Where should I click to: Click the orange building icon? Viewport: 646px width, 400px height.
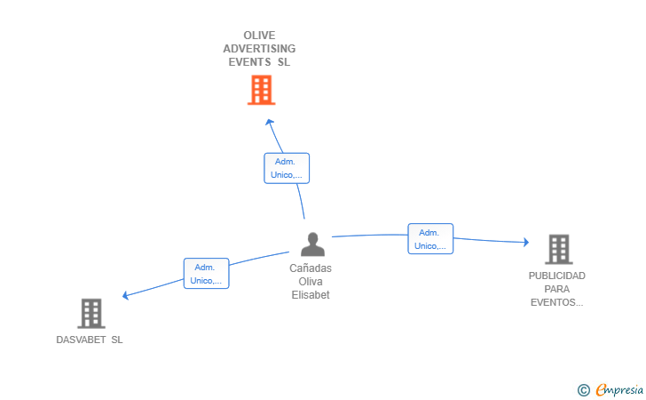click(x=261, y=90)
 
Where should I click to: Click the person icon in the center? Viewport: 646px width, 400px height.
click(x=312, y=244)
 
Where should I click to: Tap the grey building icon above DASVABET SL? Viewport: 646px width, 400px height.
click(x=91, y=313)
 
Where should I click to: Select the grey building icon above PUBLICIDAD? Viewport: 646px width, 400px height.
click(x=558, y=250)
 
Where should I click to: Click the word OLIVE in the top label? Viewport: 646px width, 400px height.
click(x=259, y=36)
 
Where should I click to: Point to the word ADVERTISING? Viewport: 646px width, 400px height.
click(x=259, y=49)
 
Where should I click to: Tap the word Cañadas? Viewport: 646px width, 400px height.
click(x=311, y=268)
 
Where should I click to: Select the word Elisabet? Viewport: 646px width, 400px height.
click(x=311, y=296)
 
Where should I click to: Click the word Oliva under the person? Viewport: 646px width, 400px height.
click(x=311, y=282)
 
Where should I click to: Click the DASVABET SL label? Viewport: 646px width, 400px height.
click(x=90, y=340)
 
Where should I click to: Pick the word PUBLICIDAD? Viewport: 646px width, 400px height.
click(x=557, y=276)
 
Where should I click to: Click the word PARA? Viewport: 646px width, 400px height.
click(x=557, y=289)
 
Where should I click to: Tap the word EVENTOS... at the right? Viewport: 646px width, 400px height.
click(x=557, y=302)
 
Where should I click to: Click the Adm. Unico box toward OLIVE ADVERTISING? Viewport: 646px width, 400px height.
click(x=286, y=168)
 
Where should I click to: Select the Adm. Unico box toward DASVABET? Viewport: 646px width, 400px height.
click(x=206, y=274)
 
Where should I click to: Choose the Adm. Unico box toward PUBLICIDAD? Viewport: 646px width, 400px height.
click(x=430, y=239)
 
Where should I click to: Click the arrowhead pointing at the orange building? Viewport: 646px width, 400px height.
click(x=270, y=122)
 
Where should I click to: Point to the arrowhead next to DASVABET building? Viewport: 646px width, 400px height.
click(x=126, y=295)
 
